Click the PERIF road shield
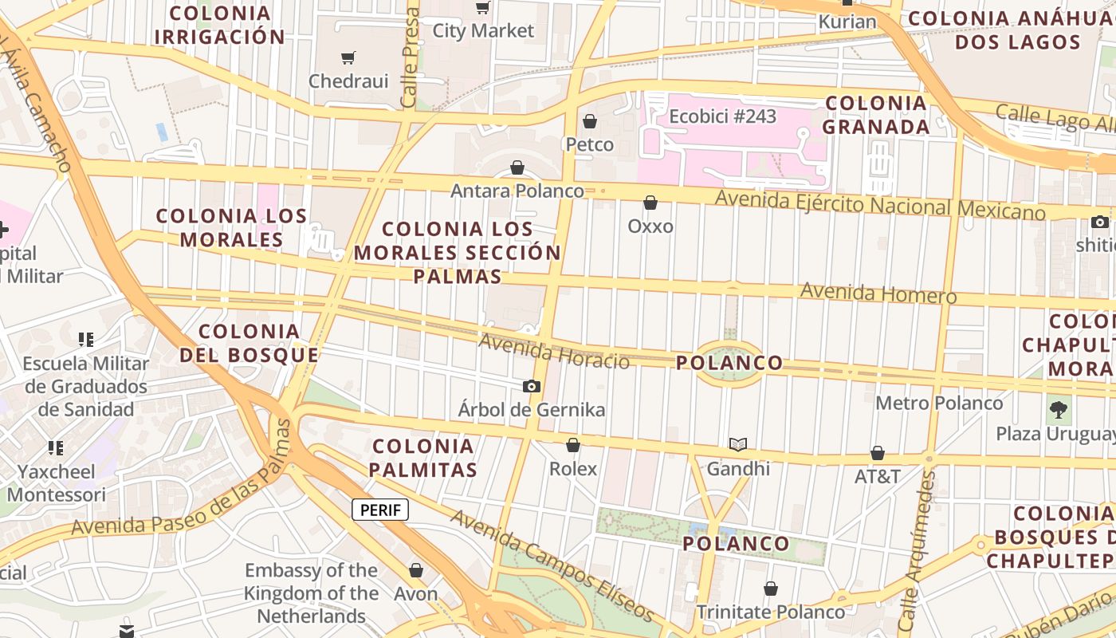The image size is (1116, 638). tap(380, 510)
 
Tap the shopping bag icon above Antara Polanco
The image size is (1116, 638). tap(517, 167)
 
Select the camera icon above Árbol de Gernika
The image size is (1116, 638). tap(532, 387)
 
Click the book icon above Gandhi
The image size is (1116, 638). tap(738, 445)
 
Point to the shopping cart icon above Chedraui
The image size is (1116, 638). tap(348, 57)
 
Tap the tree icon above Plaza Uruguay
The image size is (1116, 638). tap(1059, 410)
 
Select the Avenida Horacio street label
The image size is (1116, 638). tap(554, 352)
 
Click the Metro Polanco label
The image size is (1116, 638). tap(939, 403)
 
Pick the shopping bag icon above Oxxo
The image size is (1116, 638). tap(650, 203)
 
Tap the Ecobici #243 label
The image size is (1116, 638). tap(722, 116)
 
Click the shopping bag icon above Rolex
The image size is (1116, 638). tap(572, 445)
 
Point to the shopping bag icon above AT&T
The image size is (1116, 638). tap(878, 453)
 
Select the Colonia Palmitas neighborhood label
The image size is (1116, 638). tap(424, 458)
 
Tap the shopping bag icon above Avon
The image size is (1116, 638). tap(415, 570)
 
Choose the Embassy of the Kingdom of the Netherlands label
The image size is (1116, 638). tap(311, 593)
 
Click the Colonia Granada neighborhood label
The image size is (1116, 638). tap(875, 115)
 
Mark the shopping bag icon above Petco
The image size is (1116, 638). tap(590, 121)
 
